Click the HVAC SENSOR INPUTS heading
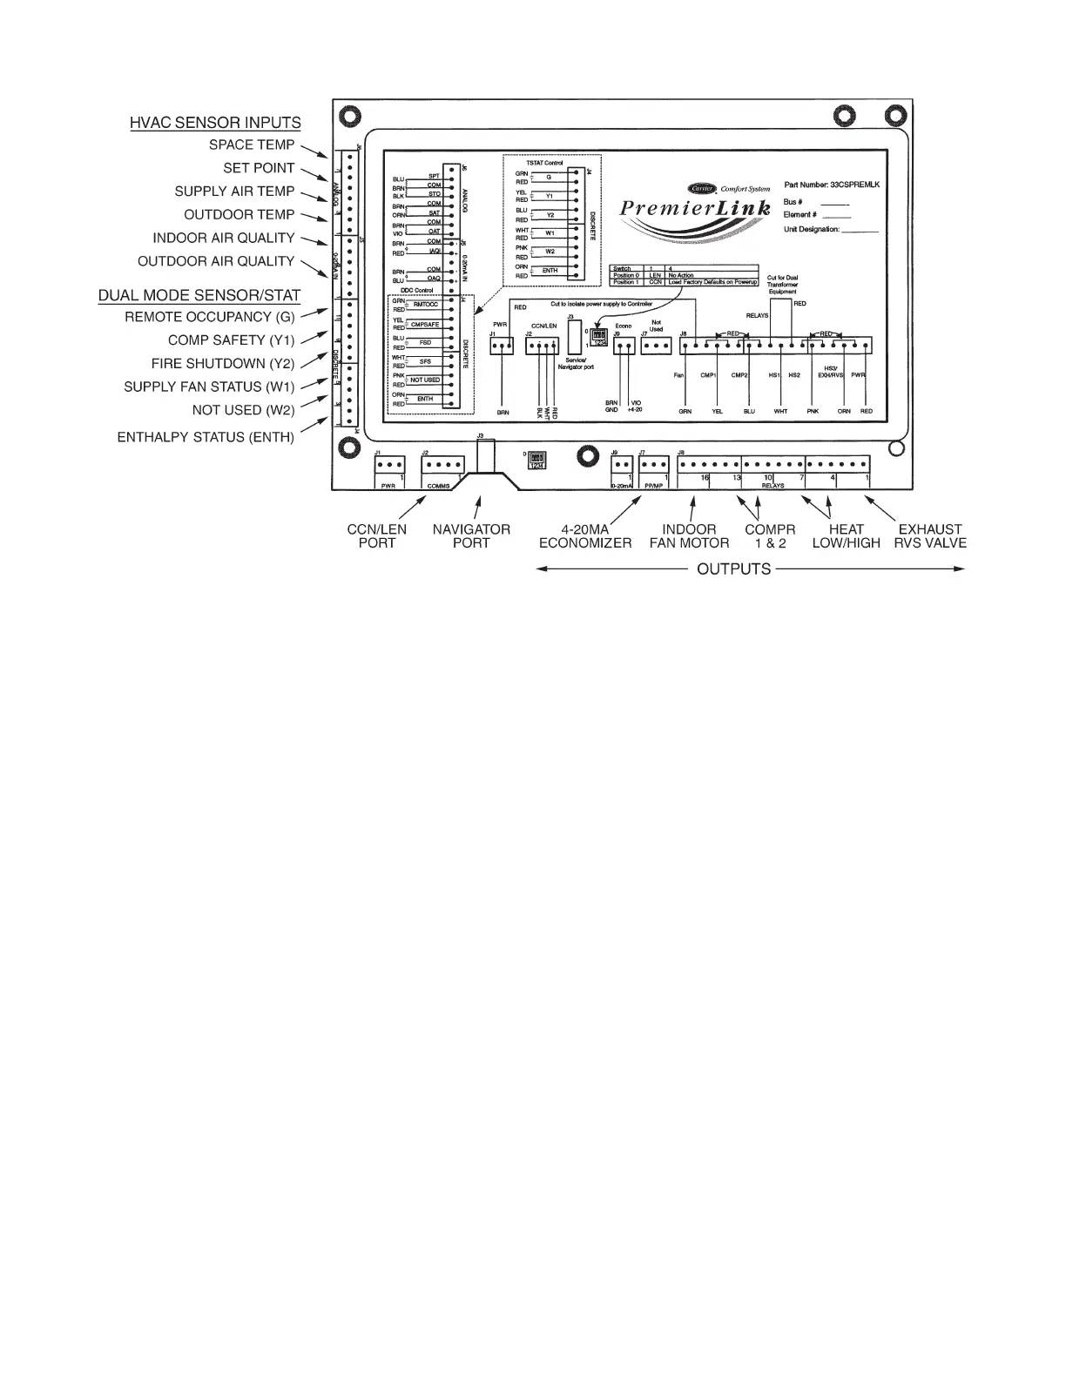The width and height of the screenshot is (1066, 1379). [215, 123]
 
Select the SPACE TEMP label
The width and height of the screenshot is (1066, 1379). [252, 145]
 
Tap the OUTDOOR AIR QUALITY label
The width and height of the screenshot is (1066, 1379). [216, 261]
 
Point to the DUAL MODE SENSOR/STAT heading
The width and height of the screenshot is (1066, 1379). [199, 295]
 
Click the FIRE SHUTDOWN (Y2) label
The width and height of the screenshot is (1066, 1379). [223, 364]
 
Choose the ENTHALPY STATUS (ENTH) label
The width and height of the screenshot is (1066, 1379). [206, 437]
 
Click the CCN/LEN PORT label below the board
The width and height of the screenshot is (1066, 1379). [377, 536]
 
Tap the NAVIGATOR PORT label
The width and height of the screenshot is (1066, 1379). [471, 536]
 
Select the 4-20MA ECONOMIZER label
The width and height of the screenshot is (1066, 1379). [584, 536]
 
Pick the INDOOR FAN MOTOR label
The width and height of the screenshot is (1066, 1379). [690, 536]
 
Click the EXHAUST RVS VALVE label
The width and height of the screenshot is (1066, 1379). [930, 536]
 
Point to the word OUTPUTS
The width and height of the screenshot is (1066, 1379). [734, 569]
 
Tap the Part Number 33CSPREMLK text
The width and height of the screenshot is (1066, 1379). [837, 185]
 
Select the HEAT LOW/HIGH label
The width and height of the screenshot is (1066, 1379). [846, 536]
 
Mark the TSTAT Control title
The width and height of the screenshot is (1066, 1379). [545, 163]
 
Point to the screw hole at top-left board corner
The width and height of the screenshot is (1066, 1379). [348, 115]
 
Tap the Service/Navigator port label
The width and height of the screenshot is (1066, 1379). [575, 364]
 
